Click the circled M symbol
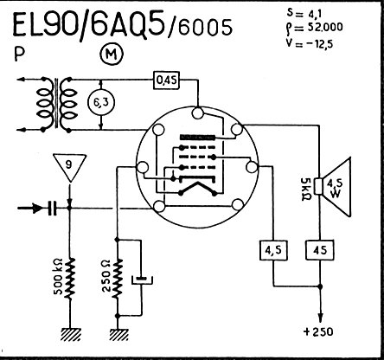click(112, 54)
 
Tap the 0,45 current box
click(166, 80)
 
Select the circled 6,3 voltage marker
click(100, 102)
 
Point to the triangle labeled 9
click(69, 167)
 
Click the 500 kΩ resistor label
click(59, 276)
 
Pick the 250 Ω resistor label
click(106, 276)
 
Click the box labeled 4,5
click(273, 250)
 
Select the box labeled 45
click(320, 250)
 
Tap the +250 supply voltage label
click(318, 331)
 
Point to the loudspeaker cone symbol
click(335, 187)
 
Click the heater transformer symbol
click(56, 104)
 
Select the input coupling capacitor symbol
click(52, 208)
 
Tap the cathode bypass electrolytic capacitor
click(142, 280)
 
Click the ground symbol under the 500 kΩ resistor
click(70, 334)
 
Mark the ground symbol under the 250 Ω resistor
click(119, 334)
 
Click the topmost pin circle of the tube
click(198, 112)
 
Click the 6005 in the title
click(206, 28)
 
